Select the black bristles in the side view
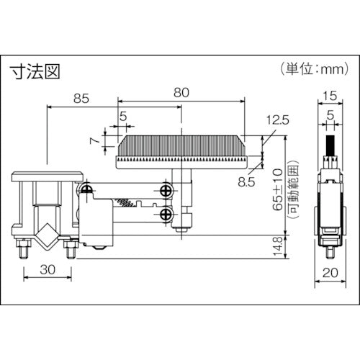point(333,144)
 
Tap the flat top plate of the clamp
point(47,176)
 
